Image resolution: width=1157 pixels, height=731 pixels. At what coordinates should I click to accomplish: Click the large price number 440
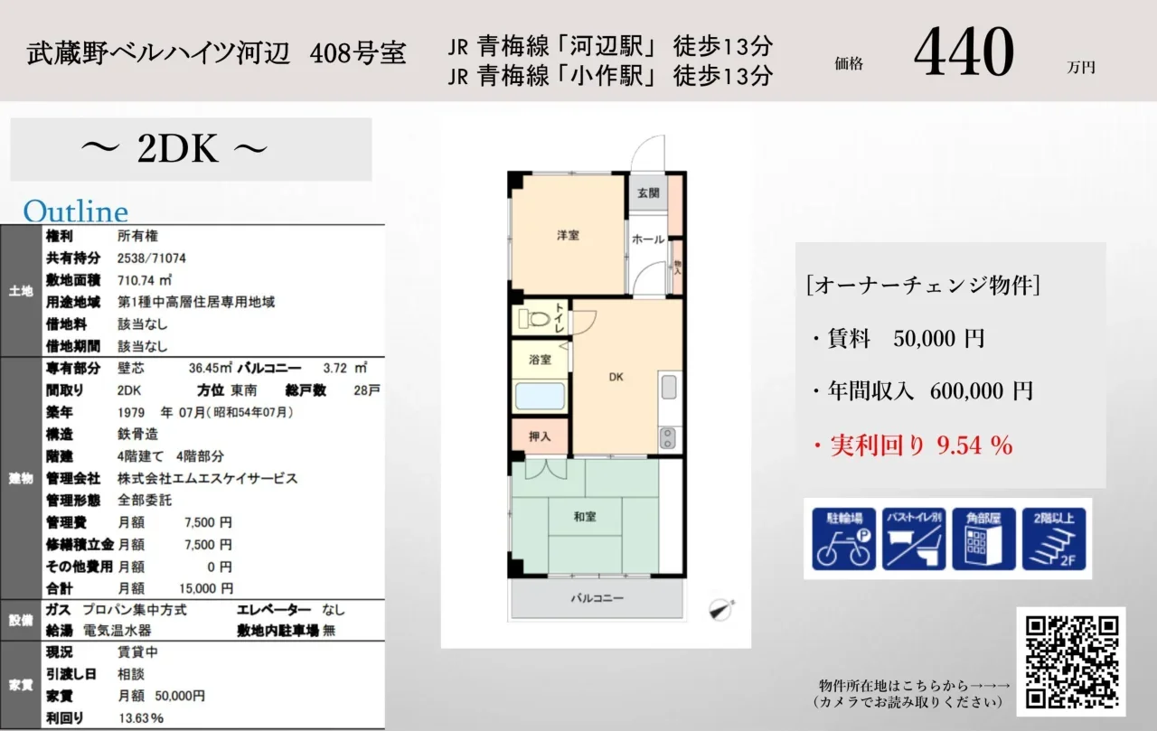[x=964, y=52]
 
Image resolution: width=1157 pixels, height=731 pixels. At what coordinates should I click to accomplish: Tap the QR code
[x=1072, y=661]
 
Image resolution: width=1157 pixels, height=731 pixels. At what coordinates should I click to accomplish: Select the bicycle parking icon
[x=843, y=539]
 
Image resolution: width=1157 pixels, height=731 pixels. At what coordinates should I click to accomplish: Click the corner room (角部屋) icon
[x=983, y=539]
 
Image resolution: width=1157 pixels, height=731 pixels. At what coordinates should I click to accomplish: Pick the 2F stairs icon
[x=1054, y=539]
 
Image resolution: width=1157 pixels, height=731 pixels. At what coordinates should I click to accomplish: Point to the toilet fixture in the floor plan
[x=534, y=318]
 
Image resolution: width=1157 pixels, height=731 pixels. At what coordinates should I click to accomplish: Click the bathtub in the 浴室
[x=540, y=396]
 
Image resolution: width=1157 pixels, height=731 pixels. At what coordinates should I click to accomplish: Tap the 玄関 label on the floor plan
[x=648, y=193]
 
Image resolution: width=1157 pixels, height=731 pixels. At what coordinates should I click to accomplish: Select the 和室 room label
[x=585, y=516]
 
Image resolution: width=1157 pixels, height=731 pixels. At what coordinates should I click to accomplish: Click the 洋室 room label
[x=568, y=236]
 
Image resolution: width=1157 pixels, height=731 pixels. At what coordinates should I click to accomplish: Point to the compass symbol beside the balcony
[x=721, y=609]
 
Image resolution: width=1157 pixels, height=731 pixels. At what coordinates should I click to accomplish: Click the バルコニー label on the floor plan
[x=597, y=598]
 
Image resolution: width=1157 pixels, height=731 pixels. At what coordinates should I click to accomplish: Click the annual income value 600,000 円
[x=982, y=390]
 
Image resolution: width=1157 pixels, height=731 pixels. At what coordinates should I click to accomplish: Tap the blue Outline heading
[x=75, y=211]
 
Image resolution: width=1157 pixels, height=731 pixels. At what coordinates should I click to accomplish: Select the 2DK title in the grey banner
[x=176, y=149]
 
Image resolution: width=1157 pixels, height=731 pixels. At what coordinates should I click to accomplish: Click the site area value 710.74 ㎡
[x=144, y=280]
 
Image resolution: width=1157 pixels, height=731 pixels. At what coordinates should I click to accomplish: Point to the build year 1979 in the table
[x=131, y=412]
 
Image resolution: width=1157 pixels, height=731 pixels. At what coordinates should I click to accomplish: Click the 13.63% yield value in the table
[x=141, y=718]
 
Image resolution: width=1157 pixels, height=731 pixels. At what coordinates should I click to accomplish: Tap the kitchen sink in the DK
[x=669, y=387]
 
